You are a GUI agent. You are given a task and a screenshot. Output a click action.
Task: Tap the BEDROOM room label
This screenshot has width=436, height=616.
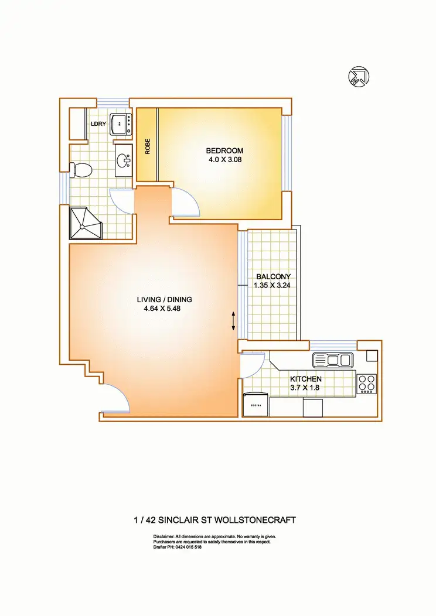[224, 151]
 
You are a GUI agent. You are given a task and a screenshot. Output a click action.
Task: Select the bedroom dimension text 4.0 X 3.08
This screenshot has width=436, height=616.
[224, 160]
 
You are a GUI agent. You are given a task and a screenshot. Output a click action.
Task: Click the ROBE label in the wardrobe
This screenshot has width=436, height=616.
[148, 146]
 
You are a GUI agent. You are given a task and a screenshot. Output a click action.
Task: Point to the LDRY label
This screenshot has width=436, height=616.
[97, 124]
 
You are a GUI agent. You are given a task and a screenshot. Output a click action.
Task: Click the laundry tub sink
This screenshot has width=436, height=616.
[122, 123]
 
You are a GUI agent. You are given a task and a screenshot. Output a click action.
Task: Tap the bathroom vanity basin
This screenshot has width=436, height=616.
[124, 161]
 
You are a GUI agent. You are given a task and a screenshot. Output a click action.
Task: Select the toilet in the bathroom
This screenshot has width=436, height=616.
[82, 170]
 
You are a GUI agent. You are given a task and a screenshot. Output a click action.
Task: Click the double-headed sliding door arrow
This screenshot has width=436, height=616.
[233, 321]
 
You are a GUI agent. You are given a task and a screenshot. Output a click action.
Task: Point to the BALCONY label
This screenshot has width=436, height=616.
[273, 277]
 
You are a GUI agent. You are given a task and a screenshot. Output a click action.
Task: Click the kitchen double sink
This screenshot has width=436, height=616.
[332, 360]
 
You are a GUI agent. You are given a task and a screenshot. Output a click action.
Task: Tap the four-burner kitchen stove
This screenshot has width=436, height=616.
[366, 383]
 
